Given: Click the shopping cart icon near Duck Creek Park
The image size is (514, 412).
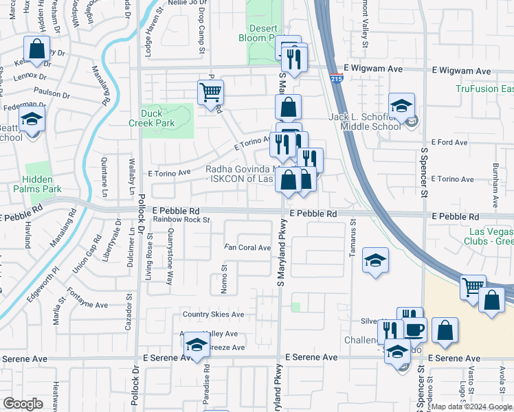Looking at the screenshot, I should click(210, 92).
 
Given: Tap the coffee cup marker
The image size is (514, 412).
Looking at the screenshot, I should click(414, 330).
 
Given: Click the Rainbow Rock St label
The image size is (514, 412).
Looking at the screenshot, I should click(181, 220).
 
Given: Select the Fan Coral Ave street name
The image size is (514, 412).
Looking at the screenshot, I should click(247, 247).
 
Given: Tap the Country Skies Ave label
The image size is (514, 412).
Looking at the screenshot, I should click(213, 314).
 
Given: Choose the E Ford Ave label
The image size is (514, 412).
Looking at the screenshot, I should click(451, 143).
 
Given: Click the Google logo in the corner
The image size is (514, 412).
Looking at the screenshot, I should click(23, 404).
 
